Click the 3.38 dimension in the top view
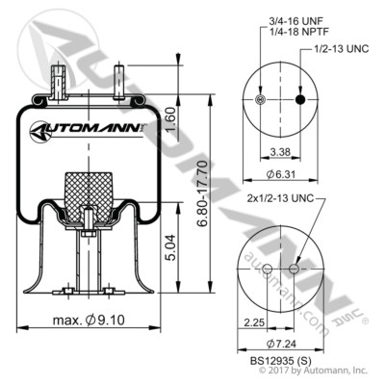[278, 151]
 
